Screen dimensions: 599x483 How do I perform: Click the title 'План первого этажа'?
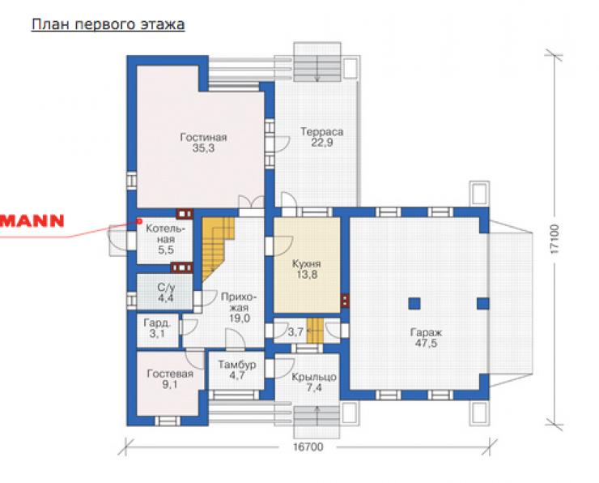[x=108, y=24]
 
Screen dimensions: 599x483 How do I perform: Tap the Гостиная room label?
[x=204, y=137]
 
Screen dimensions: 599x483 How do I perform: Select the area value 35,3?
[x=204, y=148]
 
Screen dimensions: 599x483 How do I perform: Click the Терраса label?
[x=321, y=131]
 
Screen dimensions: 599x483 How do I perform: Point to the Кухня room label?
[x=306, y=264]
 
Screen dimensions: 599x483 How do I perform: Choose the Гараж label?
[x=426, y=332]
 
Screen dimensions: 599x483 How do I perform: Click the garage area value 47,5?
[x=426, y=343]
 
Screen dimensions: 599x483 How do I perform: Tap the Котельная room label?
[x=165, y=234]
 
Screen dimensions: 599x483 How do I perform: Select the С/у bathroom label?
[x=166, y=287]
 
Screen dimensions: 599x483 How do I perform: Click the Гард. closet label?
[x=157, y=323]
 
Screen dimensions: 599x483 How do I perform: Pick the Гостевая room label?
[x=170, y=374]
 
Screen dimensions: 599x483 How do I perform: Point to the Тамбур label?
[x=237, y=365]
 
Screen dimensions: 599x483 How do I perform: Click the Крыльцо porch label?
[x=314, y=378]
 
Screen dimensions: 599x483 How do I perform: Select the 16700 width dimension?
[x=308, y=447]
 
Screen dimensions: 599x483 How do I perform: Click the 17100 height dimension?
[x=554, y=239]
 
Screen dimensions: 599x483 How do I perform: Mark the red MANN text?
[x=32, y=221]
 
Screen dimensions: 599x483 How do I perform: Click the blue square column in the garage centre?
[x=414, y=304]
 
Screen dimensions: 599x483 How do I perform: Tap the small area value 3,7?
[x=295, y=332]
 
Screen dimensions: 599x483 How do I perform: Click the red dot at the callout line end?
[x=139, y=221]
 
